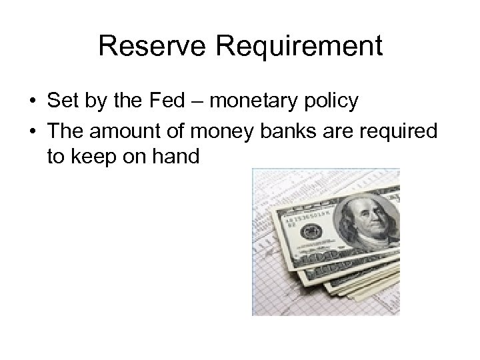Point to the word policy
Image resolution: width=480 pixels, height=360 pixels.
(x=331, y=103)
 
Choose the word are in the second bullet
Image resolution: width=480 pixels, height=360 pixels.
(x=337, y=131)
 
